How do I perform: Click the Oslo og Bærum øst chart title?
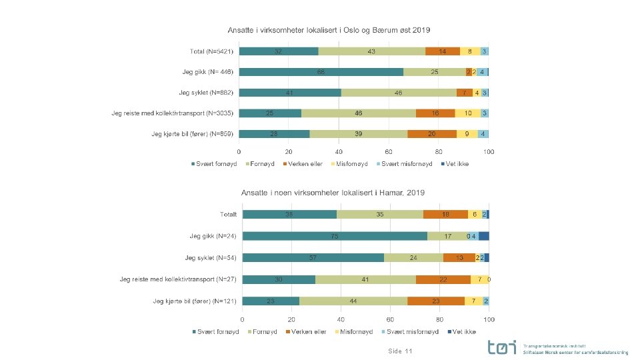point(330,30)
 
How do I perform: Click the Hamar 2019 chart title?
point(333,193)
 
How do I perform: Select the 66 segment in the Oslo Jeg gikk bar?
point(321,72)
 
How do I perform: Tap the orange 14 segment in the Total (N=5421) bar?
point(443,51)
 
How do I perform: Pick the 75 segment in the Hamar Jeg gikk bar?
point(335,235)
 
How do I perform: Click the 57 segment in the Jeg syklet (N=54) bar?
point(313,257)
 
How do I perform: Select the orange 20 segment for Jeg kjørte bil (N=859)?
point(432,134)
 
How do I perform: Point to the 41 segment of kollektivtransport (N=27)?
point(365,279)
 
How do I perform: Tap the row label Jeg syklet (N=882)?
point(206,93)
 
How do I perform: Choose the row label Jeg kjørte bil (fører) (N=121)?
point(195,301)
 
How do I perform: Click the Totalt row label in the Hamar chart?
point(229,215)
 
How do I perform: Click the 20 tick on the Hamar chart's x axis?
point(292,319)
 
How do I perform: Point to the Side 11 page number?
point(400,351)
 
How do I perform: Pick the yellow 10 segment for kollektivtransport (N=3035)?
point(468,113)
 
